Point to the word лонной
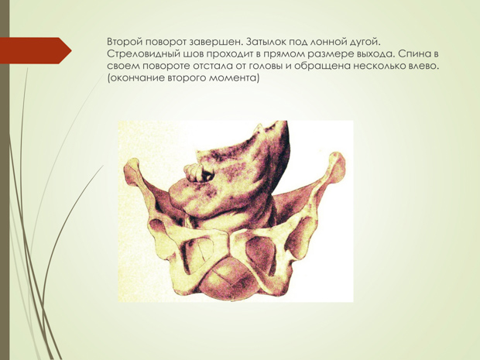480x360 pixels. pyautogui.click(x=332, y=41)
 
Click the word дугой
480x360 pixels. pyautogui.click(x=366, y=42)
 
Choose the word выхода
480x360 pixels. pyautogui.click(x=375, y=54)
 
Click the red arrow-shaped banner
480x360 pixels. pyautogui.click(x=36, y=50)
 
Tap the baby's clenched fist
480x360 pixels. pyautogui.click(x=198, y=173)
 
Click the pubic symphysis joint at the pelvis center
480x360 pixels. pyautogui.click(x=228, y=245)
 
